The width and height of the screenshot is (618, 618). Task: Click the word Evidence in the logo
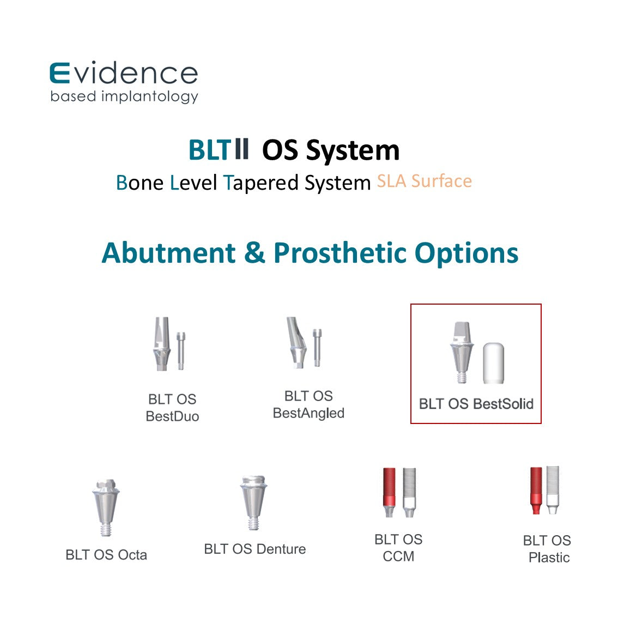pos(123,74)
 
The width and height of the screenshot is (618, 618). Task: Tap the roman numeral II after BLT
pos(241,149)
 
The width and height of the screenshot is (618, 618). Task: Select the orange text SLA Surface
pos(424,181)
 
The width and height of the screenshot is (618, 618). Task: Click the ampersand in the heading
pos(254,253)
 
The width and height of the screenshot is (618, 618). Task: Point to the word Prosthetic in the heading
pos(340,253)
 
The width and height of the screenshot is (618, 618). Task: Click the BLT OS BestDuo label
pos(172,408)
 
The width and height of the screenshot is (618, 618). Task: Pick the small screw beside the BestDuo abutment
pos(181,351)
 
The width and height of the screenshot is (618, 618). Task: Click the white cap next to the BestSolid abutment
pos(493,363)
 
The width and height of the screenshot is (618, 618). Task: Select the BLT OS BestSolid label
pos(476,404)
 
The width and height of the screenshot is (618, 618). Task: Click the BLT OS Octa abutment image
pos(106,508)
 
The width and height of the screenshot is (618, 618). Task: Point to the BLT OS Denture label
pos(255,549)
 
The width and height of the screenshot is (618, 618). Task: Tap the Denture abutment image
pos(253,502)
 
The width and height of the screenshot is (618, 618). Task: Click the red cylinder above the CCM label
pos(389,492)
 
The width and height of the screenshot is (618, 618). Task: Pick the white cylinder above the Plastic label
pos(553,490)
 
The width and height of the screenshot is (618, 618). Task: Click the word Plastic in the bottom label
pos(549,558)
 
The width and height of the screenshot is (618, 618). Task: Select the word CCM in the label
pos(398,556)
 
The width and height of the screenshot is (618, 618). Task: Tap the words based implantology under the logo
pos(124,96)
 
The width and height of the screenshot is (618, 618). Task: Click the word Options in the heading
pos(466,253)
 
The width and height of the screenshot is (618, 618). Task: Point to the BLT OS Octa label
pos(106,555)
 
